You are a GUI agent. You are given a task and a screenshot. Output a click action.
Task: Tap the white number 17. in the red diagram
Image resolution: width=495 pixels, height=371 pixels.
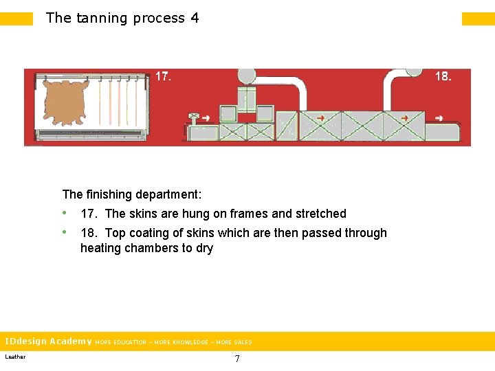tap(163, 77)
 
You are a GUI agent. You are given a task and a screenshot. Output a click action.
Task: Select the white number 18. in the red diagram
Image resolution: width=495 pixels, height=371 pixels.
tap(443, 77)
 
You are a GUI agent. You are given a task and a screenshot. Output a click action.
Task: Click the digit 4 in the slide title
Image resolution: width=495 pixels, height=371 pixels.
tap(195, 19)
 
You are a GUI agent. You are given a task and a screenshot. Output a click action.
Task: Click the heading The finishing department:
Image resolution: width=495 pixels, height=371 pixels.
tap(131, 194)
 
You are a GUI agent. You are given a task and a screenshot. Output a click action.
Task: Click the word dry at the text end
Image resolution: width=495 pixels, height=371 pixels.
tap(204, 249)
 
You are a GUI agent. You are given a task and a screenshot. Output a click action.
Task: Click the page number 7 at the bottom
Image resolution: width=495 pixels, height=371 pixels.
tap(237, 359)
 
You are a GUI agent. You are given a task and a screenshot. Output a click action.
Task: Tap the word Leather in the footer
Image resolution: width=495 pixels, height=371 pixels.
tap(15, 357)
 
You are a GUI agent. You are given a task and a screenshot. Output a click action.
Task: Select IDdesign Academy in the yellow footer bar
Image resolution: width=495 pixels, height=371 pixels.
tap(48, 341)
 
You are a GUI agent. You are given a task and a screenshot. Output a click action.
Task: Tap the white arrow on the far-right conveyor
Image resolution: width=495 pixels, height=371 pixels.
tap(404, 118)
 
